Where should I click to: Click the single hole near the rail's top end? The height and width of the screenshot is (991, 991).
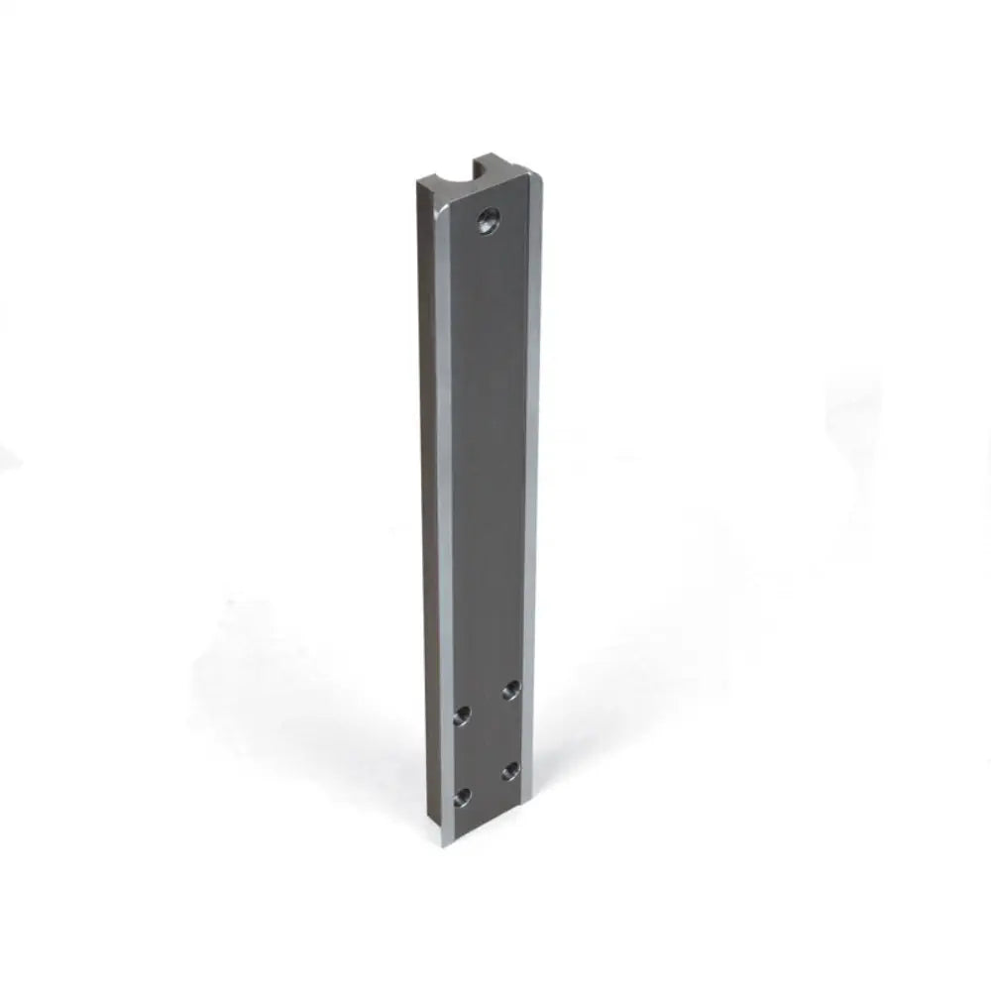pyautogui.click(x=489, y=220)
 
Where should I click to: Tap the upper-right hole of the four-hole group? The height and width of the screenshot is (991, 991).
pyautogui.click(x=511, y=690)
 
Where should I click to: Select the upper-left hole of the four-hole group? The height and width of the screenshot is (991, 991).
pyautogui.click(x=462, y=716)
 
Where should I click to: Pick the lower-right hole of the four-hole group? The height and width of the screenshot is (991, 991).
pyautogui.click(x=510, y=769)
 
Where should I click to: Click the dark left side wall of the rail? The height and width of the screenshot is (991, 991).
pyautogui.click(x=427, y=495)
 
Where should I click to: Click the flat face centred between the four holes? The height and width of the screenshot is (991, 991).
pyautogui.click(x=486, y=743)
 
